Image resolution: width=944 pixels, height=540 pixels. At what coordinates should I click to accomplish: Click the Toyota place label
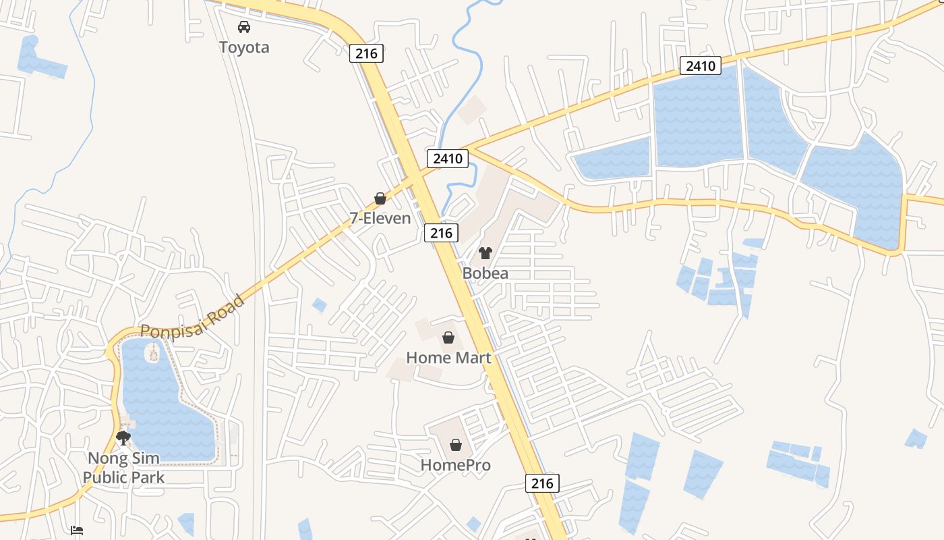(x=244, y=47)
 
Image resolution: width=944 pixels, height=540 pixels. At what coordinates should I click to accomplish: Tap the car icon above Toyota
(x=244, y=27)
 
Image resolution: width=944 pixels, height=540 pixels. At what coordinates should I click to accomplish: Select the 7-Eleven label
(x=380, y=218)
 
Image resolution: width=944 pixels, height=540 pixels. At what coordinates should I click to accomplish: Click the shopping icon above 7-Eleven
(x=380, y=198)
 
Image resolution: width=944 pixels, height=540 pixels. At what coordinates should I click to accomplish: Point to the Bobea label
(x=485, y=273)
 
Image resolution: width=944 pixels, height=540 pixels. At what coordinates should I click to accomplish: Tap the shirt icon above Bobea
(x=485, y=254)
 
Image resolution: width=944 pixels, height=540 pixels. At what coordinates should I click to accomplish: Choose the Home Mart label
(x=448, y=358)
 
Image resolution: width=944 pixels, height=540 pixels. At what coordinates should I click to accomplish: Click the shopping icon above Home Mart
(x=448, y=337)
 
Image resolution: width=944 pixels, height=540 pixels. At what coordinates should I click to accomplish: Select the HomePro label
(x=456, y=465)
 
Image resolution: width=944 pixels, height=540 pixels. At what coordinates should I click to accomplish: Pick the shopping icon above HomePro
(x=456, y=445)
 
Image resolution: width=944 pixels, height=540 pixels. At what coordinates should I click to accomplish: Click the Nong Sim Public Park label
(x=123, y=468)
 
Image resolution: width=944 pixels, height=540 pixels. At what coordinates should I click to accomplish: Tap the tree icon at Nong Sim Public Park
(x=123, y=439)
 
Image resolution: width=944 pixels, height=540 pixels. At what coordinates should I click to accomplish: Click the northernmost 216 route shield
(x=366, y=53)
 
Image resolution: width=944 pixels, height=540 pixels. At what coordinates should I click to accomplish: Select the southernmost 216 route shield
(x=542, y=483)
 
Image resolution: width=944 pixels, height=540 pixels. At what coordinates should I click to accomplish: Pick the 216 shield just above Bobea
(x=442, y=233)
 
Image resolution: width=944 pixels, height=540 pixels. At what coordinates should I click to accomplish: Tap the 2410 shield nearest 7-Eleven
(x=448, y=159)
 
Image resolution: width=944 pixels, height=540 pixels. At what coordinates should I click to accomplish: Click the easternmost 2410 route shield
(x=701, y=65)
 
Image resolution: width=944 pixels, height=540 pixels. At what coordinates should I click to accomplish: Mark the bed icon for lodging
(x=77, y=531)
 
